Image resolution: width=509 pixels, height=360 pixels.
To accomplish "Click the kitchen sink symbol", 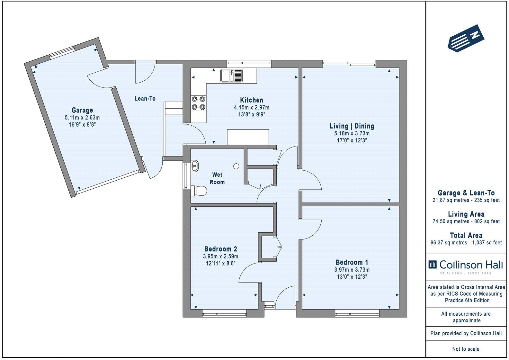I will pos(231,76).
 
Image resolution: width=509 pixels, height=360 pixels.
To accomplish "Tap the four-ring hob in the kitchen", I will pos(198,103).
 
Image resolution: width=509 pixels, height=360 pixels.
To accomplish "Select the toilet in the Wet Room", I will pos(198,191).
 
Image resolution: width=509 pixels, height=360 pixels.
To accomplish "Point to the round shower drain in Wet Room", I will pos(237,166).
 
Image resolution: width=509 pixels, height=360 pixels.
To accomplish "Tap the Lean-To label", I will pos(145,98).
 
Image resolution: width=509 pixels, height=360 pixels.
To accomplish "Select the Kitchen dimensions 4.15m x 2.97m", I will pos(252,107).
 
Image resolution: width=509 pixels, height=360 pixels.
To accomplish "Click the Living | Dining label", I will pos(352,126).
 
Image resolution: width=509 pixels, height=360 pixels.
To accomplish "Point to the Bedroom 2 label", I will pos(220,249).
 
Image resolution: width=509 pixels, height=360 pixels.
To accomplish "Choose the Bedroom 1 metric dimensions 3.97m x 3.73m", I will pos(352,270).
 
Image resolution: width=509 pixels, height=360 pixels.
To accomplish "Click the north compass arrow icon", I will pos(466,38).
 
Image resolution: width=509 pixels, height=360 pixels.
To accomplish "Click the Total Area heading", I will pos(466,235).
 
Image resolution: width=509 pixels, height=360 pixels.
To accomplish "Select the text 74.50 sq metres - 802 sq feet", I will pos(466,221).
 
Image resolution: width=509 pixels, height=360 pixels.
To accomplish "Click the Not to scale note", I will pos(466,349).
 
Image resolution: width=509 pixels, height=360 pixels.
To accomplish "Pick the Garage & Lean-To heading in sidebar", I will pos(466,193).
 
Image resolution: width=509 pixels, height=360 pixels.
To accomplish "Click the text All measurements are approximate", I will pos(466,317).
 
